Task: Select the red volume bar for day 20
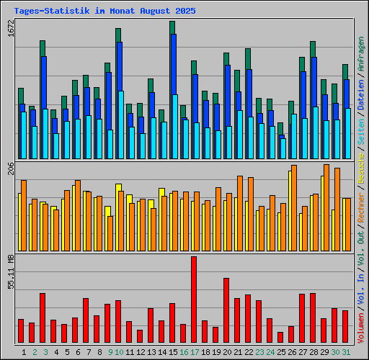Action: (226, 310)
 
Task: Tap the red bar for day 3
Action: (43, 318)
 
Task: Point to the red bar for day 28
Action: (313, 318)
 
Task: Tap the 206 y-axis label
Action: (9, 170)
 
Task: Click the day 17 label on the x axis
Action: (194, 351)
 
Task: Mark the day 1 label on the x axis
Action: (24, 351)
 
